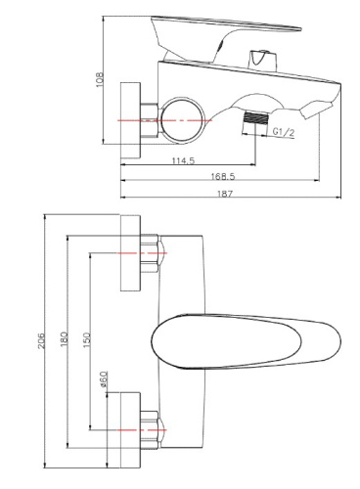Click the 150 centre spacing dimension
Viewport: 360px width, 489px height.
click(x=89, y=337)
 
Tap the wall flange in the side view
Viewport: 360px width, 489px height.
click(x=130, y=118)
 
